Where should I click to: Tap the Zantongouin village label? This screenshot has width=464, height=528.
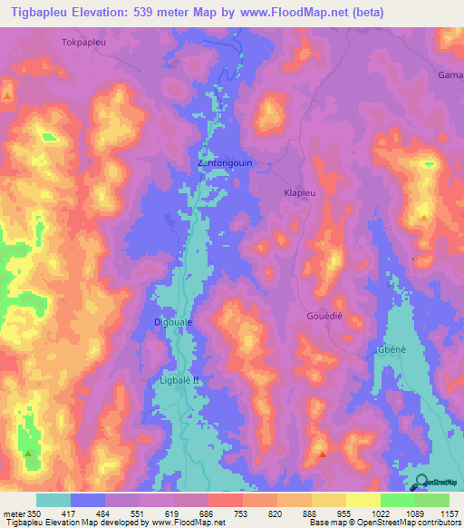[226, 163]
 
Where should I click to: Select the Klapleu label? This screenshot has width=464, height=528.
[300, 194]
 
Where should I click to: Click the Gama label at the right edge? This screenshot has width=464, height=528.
[450, 74]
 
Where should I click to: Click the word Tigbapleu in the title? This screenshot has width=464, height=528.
[44, 13]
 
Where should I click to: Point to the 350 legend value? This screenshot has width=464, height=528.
[27, 513]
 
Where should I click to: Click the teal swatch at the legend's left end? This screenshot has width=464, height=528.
[53, 500]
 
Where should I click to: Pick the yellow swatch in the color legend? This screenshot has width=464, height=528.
[329, 500]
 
